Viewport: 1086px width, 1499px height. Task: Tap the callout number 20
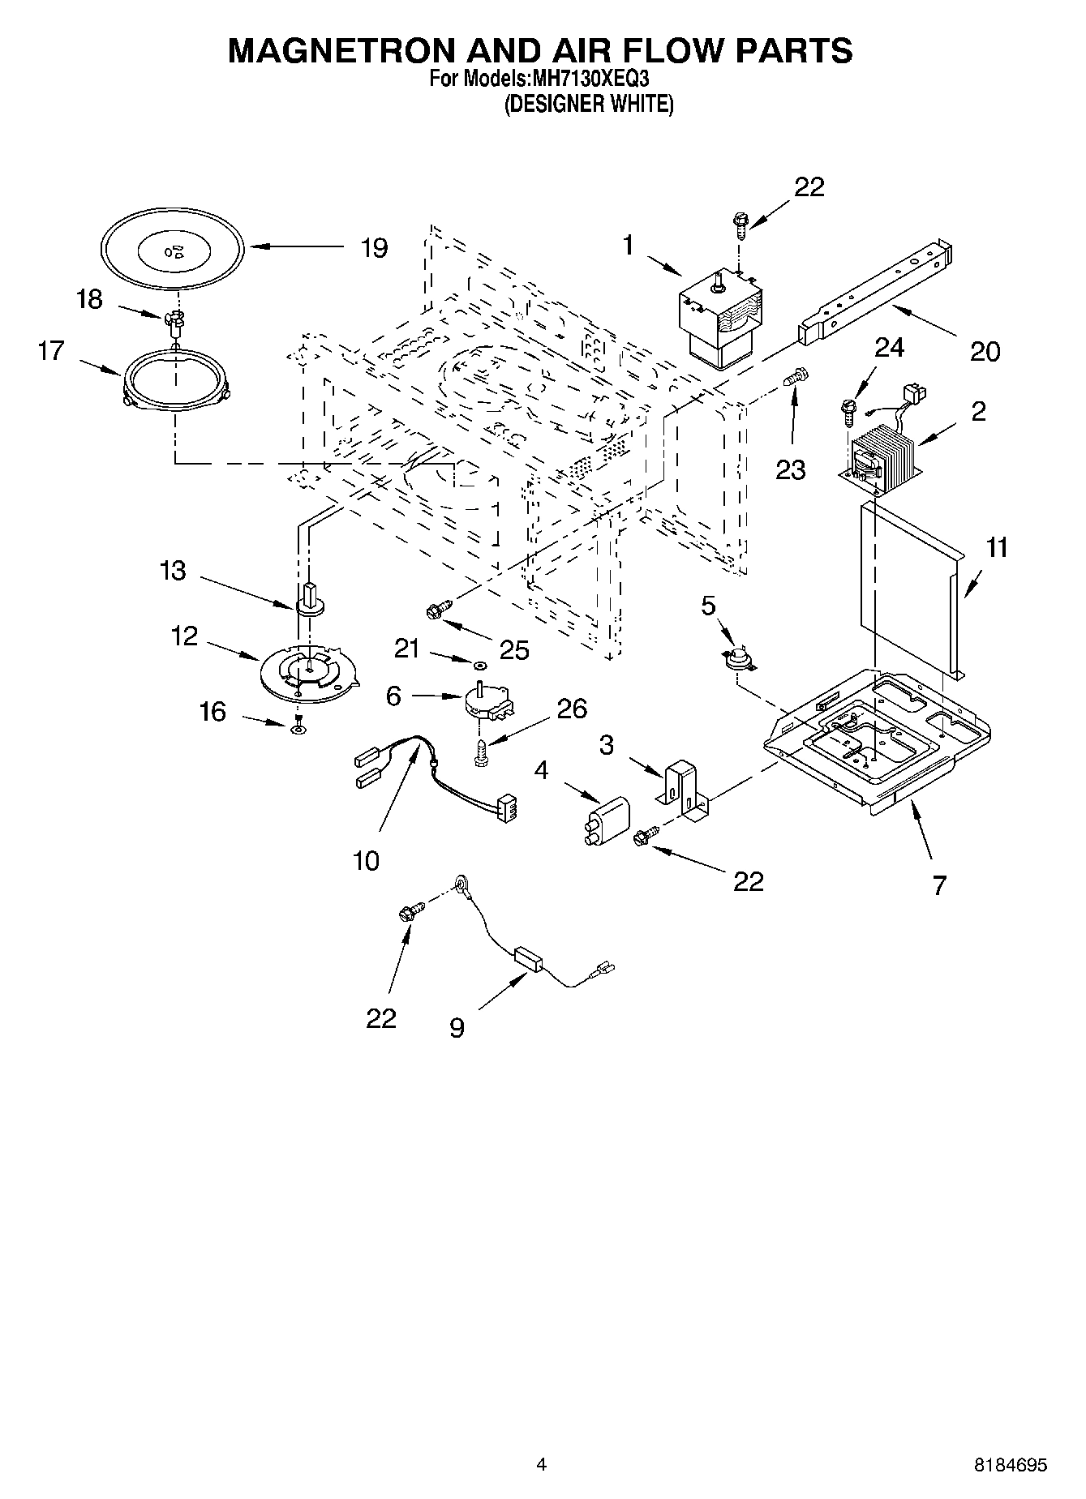coord(985,351)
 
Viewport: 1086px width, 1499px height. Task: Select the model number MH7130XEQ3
coord(589,79)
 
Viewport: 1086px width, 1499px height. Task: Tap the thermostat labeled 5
coord(738,659)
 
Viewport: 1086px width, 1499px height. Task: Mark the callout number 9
coord(457,1028)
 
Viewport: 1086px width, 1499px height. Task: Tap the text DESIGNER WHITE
coord(589,104)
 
